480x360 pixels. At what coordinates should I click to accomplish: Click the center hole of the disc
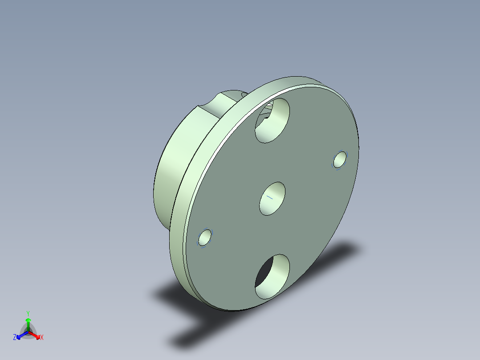pyautogui.click(x=272, y=199)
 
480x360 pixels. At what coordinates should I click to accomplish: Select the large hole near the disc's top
pyautogui.click(x=272, y=120)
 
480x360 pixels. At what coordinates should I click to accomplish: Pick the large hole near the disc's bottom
pyautogui.click(x=272, y=277)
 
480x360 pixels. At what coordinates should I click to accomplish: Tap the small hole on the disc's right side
pyautogui.click(x=340, y=160)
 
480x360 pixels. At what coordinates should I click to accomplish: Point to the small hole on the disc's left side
pyautogui.click(x=205, y=238)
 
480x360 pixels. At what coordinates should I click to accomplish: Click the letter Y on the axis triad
pyautogui.click(x=28, y=314)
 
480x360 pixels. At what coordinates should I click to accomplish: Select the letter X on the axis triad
pyautogui.click(x=42, y=337)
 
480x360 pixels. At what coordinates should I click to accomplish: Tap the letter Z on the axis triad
pyautogui.click(x=15, y=337)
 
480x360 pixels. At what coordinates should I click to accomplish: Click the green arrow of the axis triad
pyautogui.click(x=28, y=324)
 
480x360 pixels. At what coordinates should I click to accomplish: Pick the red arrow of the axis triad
pyautogui.click(x=34, y=335)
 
